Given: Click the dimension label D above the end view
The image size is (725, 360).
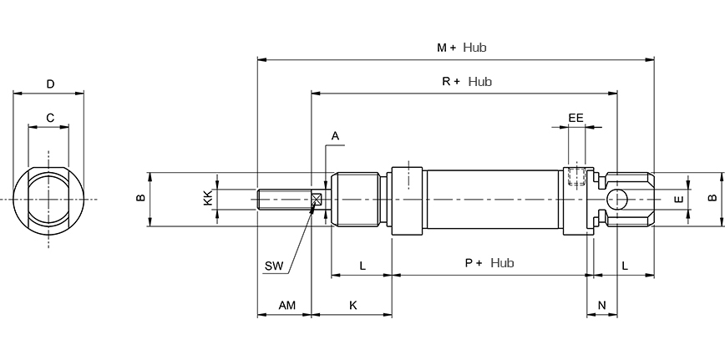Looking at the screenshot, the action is [x=50, y=84].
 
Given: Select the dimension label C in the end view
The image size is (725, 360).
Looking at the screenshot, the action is [x=50, y=118].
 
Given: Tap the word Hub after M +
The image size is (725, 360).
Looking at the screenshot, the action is [x=475, y=47].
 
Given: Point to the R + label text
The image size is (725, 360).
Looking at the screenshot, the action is [x=451, y=82].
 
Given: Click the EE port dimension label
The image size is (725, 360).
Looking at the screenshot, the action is [x=575, y=118].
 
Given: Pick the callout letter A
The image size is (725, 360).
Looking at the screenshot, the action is [x=335, y=136].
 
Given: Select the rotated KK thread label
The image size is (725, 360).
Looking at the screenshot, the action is [x=209, y=198].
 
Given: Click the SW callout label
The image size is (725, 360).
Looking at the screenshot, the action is [x=274, y=266].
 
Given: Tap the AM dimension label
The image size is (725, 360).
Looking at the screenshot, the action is [x=286, y=306].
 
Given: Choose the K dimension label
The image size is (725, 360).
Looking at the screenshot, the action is [x=353, y=306].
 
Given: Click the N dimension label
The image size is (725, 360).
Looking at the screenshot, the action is [x=601, y=306].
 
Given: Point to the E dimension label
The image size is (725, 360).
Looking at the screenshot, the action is [x=679, y=199].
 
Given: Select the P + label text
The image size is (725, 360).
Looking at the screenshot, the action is [x=474, y=263].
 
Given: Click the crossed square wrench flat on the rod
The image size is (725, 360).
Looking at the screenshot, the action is [x=317, y=200].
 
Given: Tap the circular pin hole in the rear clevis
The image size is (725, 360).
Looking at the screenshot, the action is [x=617, y=199].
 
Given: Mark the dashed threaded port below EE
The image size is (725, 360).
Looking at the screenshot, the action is [x=576, y=176].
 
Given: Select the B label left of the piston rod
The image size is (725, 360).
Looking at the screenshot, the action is [x=140, y=198].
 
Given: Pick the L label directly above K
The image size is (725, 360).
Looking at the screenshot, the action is [x=362, y=266].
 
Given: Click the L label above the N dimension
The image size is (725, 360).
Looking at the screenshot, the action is [x=625, y=266].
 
